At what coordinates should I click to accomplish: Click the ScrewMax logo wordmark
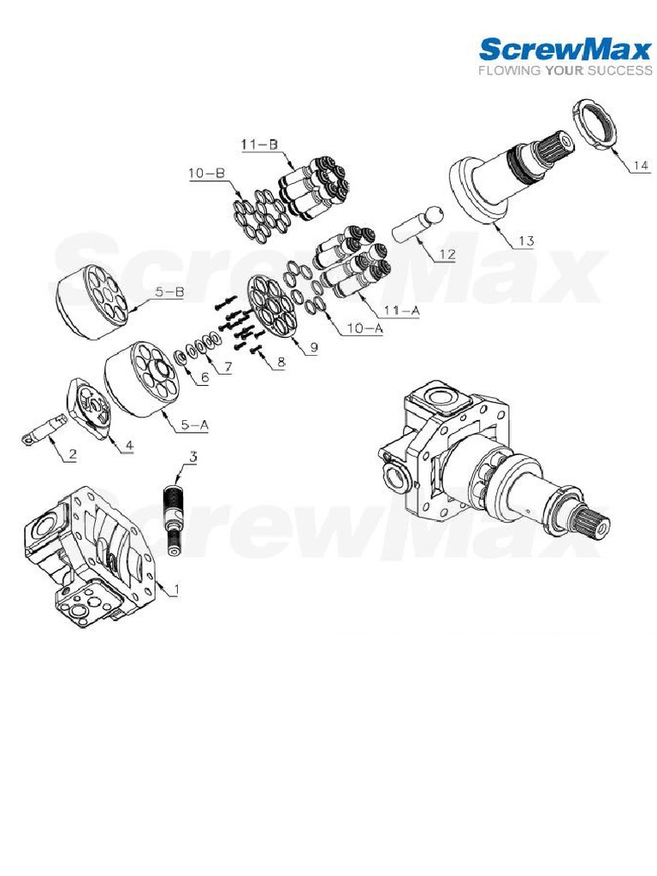[564, 49]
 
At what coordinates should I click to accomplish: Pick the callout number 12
[446, 254]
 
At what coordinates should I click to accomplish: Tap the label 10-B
[206, 174]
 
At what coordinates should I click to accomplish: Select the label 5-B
[169, 292]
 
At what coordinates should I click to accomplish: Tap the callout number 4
[130, 445]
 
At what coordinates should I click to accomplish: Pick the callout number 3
[192, 458]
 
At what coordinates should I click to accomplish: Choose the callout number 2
[73, 455]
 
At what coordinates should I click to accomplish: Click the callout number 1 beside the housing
[176, 589]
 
